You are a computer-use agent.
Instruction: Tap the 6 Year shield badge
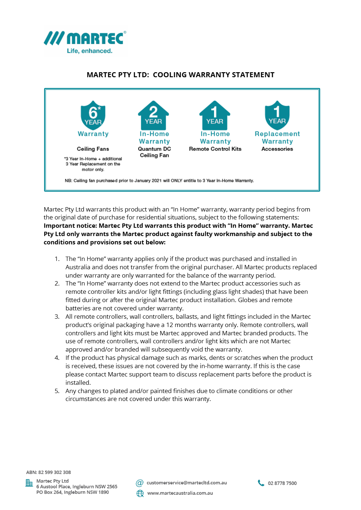pos(93,115)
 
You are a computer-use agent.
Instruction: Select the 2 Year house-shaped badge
pos(153,115)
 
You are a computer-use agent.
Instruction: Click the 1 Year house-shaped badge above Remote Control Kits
pos(215,115)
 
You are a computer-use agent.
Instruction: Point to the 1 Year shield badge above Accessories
pos(277,115)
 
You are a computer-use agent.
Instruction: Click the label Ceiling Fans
pos(93,149)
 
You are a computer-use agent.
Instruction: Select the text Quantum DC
pos(154,149)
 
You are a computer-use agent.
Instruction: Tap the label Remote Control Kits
pos(215,149)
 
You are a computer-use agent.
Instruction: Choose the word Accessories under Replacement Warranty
pos(277,149)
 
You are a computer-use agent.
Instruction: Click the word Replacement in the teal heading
pos(277,134)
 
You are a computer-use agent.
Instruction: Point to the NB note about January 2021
pos(159,180)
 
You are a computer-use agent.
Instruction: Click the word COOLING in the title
pos(171,75)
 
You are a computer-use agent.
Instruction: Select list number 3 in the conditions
pos(57,317)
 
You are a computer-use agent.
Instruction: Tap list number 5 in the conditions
pos(57,391)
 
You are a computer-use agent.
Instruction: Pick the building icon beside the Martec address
pos(29,483)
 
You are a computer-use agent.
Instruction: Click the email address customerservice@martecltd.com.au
pos(187,483)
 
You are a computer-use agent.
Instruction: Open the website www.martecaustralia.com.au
pos(180,493)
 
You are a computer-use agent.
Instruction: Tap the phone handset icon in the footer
pos(261,483)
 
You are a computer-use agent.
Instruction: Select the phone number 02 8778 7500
pos(282,483)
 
